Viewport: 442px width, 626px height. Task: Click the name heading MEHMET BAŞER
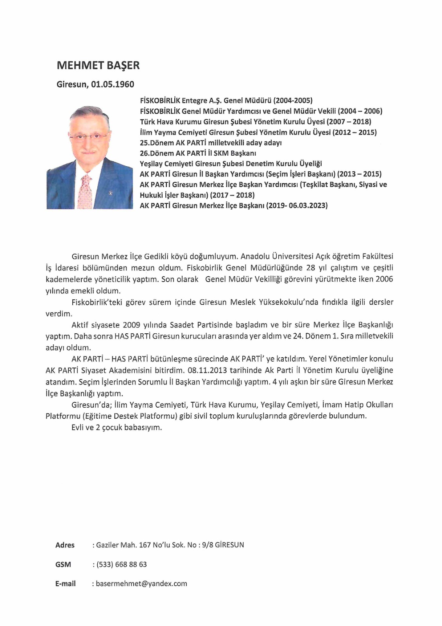pyautogui.click(x=98, y=65)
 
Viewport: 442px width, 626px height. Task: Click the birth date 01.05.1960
pyautogui.click(x=113, y=85)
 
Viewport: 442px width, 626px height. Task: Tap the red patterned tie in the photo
pyautogui.click(x=85, y=192)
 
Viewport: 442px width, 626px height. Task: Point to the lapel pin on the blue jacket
pyautogui.click(x=110, y=193)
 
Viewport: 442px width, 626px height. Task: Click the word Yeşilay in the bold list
pyautogui.click(x=153, y=164)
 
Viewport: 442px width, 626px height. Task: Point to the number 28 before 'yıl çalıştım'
pyautogui.click(x=311, y=268)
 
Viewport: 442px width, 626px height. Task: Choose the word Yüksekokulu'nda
pyautogui.click(x=286, y=302)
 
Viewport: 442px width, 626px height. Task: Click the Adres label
pyautogui.click(x=65, y=545)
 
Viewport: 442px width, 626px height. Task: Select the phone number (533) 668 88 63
pyautogui.click(x=122, y=564)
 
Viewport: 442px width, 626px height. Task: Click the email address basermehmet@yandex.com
pyautogui.click(x=141, y=583)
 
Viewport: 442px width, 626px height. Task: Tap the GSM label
pyautogui.click(x=63, y=564)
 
